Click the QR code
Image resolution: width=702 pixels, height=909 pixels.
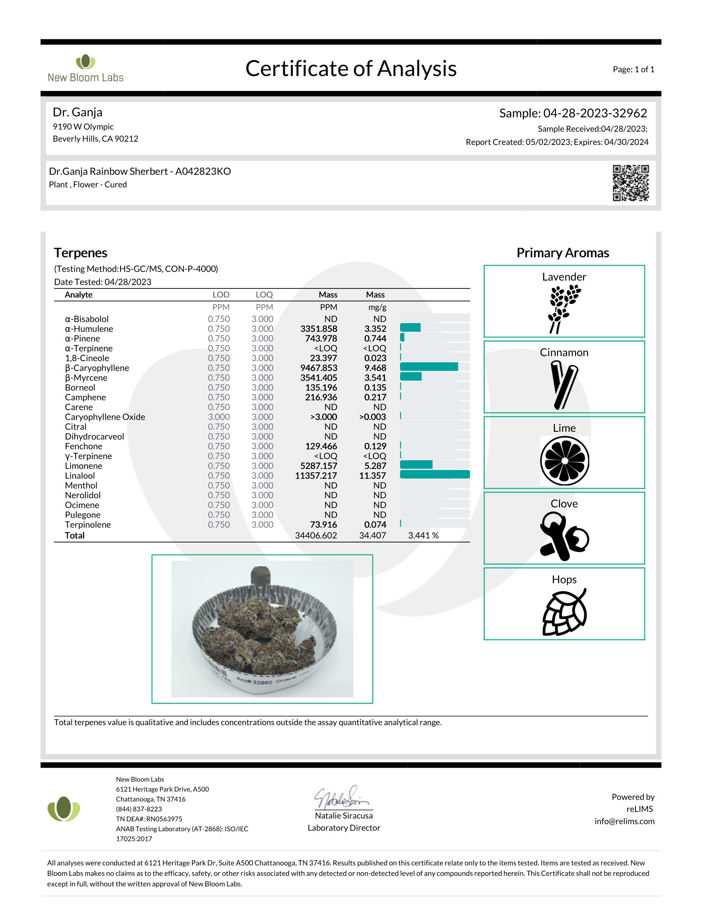coord(631,183)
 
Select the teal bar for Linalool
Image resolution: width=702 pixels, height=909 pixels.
coord(434,474)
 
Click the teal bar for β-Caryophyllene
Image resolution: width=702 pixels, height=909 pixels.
coord(429,366)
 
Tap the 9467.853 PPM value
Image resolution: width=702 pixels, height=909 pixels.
coord(318,368)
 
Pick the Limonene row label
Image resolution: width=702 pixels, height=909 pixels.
coord(83,466)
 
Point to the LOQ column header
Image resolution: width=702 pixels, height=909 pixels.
coord(264,295)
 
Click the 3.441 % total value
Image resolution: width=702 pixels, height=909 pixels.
coord(423,535)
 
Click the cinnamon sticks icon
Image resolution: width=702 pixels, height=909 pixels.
coord(564,385)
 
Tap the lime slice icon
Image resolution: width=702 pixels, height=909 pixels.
coord(564,460)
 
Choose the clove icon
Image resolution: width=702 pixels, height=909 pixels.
coord(564,536)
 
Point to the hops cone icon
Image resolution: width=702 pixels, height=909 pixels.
coord(564,612)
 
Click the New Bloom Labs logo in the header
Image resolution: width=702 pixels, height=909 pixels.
coord(85,69)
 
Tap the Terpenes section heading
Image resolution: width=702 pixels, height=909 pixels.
coord(81,252)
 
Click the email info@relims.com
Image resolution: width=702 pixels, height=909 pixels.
coord(624,821)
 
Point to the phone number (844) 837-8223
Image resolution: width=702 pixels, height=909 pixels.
coord(139,809)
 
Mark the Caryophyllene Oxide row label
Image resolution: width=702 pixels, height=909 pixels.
coord(105,416)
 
